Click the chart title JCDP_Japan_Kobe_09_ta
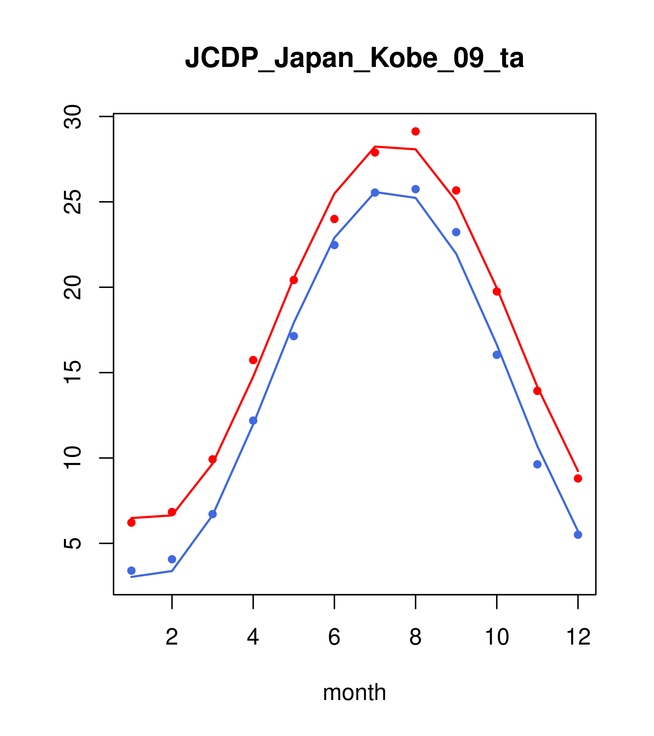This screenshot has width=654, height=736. [x=354, y=58]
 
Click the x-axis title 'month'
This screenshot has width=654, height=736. [x=354, y=692]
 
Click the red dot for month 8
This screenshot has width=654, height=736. [x=415, y=131]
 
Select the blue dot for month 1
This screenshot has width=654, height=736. [x=131, y=570]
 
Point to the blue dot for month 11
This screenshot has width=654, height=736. [x=537, y=464]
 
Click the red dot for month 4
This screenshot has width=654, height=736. [x=253, y=360]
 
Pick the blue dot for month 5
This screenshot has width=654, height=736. [x=294, y=336]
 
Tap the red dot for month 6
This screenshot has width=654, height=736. [x=334, y=219]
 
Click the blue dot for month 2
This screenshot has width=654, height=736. [x=172, y=559]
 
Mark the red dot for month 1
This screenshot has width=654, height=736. [x=131, y=522]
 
